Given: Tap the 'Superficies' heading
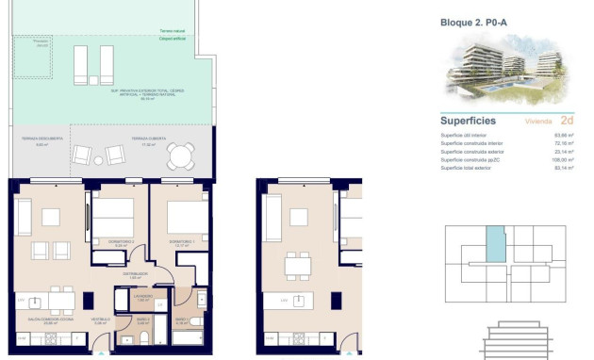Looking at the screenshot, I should [469, 121].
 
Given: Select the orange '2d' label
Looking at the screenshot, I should [567, 121].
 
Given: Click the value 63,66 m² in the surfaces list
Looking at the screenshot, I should [564, 136].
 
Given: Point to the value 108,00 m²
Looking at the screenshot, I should [564, 160].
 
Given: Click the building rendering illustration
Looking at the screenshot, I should [500, 71].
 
